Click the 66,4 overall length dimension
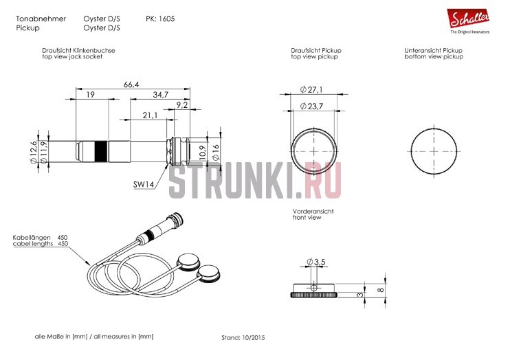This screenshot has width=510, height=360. (x=131, y=85)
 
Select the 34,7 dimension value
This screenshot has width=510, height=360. (x=161, y=95)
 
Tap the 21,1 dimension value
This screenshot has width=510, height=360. (x=150, y=115)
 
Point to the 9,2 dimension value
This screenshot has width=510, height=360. (x=182, y=104)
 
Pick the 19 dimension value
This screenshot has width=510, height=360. (x=91, y=95)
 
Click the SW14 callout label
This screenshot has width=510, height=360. (x=144, y=184)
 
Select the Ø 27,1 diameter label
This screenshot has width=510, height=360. (x=311, y=89)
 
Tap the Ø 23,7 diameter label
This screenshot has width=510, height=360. (x=311, y=106)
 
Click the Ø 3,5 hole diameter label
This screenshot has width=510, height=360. (x=315, y=262)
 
